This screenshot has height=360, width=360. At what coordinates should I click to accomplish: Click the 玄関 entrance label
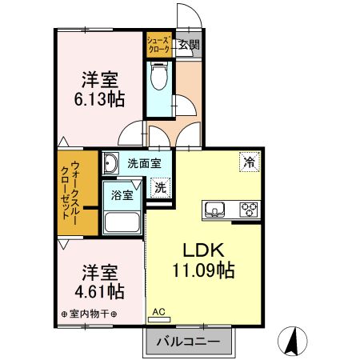(x=190, y=45)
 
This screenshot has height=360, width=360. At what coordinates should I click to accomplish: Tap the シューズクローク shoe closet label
(x=158, y=45)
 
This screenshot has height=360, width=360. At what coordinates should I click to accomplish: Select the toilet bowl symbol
(x=158, y=78)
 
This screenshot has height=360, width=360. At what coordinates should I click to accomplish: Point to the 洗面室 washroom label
(x=144, y=163)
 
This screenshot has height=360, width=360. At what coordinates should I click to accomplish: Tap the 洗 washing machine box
(x=160, y=188)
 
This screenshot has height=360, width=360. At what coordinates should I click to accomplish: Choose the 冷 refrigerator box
(x=249, y=162)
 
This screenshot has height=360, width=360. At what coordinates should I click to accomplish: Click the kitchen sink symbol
(x=215, y=211)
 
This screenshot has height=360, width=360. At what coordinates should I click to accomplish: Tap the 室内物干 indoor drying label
(x=89, y=313)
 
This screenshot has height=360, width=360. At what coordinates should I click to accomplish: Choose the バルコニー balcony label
(x=188, y=341)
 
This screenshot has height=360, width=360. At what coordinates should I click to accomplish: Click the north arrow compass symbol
(x=292, y=343)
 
